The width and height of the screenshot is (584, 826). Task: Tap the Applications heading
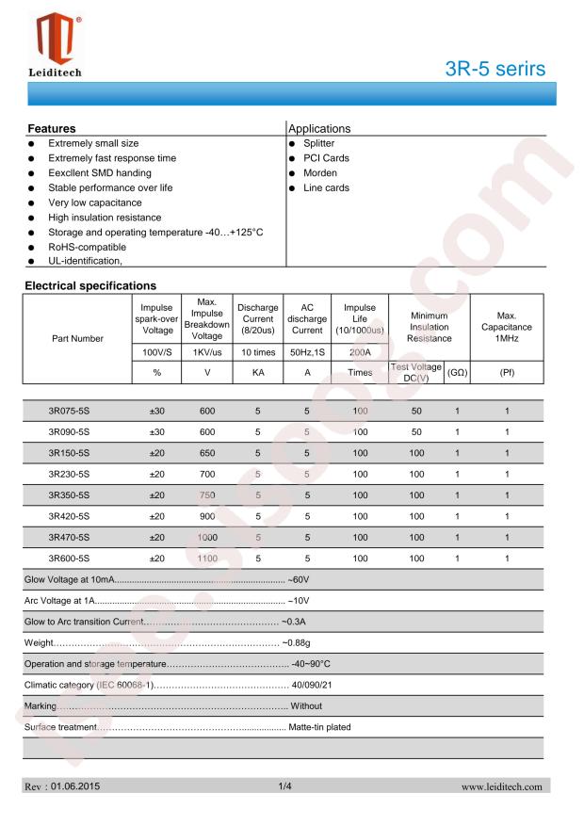point(319,127)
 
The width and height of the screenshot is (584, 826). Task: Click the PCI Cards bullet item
point(326,158)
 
